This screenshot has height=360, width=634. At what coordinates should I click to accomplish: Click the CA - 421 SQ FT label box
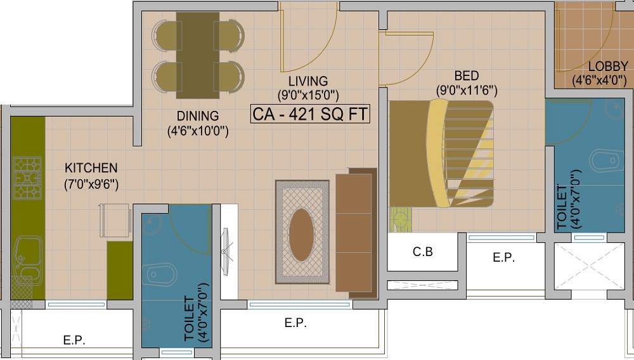tap(311, 115)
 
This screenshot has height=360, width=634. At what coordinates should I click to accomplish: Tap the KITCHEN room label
tap(91, 168)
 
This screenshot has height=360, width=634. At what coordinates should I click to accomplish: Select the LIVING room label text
tap(308, 81)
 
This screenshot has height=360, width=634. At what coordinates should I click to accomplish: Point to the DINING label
tap(198, 116)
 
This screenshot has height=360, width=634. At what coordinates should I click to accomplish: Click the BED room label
tap(466, 75)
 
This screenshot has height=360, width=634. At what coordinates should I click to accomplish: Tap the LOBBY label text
tap(608, 67)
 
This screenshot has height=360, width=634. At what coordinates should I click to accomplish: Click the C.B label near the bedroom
tap(423, 252)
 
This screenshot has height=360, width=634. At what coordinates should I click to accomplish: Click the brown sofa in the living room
tap(356, 235)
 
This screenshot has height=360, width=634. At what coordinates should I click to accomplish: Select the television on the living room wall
tap(224, 252)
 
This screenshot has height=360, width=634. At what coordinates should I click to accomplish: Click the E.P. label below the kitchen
tap(74, 340)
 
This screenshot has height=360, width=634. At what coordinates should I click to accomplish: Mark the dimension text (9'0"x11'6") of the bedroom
tap(466, 91)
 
